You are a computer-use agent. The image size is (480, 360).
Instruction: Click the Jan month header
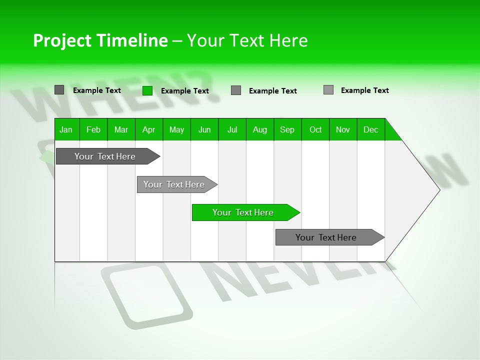[66, 130]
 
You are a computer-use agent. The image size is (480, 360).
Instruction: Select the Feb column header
[93, 130]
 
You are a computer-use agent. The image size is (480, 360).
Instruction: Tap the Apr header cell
[148, 130]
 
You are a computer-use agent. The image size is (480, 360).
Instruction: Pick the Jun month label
[204, 130]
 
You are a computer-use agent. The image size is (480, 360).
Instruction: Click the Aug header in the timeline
[259, 130]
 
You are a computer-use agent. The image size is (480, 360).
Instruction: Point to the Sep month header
[287, 130]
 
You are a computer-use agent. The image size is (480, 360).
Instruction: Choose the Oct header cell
[315, 130]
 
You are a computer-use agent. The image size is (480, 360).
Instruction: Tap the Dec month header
[370, 130]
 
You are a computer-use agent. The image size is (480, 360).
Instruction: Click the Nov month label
[343, 130]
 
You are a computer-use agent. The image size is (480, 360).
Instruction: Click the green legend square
[147, 90]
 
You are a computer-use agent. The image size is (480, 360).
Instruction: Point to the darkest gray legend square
[59, 90]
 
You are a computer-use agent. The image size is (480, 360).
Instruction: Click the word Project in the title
[61, 40]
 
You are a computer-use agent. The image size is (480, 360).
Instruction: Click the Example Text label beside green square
[184, 91]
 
